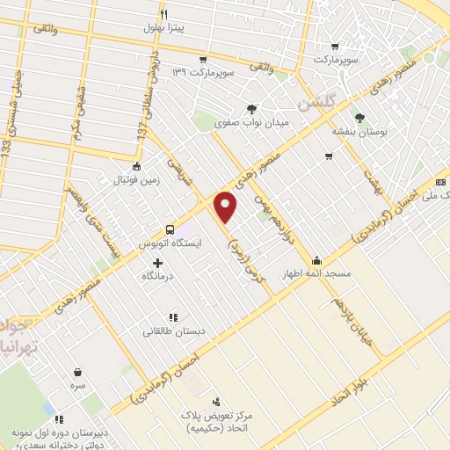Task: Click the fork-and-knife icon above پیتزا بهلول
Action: tap(163, 14)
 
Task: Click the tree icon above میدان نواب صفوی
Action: tap(252, 109)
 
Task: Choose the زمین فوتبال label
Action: tap(135, 179)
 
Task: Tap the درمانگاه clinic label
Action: tap(159, 276)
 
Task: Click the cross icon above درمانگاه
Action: tap(158, 262)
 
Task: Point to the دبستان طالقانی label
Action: tap(172, 331)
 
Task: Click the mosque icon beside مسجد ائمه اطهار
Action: tap(316, 260)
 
